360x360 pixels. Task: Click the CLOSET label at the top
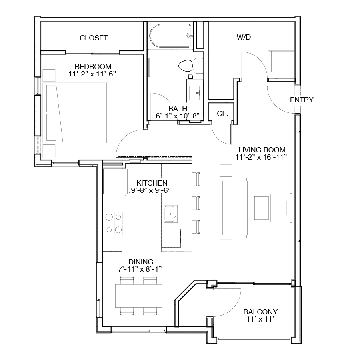click(94, 38)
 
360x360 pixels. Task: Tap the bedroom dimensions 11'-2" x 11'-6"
click(92, 74)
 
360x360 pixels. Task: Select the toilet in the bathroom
click(190, 66)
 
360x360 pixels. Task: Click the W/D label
click(244, 37)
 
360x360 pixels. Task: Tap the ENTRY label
click(302, 100)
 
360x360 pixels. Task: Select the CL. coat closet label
click(222, 114)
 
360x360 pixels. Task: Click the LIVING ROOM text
click(262, 150)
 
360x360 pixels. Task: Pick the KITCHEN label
click(152, 183)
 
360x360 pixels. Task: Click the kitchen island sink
click(170, 214)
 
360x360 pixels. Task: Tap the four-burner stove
click(113, 223)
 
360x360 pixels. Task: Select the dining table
click(138, 296)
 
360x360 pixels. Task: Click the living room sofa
click(234, 208)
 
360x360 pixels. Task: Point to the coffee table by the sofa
click(261, 208)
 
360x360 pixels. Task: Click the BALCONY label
click(260, 312)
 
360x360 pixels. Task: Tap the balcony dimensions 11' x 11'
click(260, 319)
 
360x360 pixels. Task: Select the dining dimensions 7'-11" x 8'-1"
click(140, 269)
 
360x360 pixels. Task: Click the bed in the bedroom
click(76, 113)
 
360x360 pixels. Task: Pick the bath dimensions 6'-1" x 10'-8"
click(178, 116)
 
